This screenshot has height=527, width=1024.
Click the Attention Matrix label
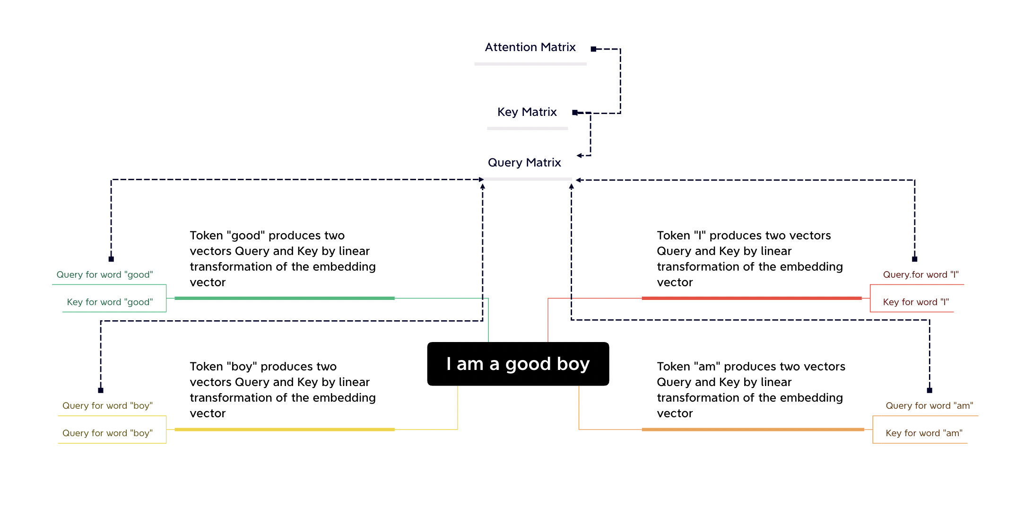click(530, 47)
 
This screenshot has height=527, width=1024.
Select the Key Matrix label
click(527, 112)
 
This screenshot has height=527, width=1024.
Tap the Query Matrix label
click(524, 163)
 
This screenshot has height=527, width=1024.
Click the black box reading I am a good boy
click(518, 364)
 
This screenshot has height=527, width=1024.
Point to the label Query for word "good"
click(104, 275)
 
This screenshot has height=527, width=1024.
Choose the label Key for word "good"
click(110, 302)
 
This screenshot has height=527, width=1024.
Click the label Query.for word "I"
click(920, 275)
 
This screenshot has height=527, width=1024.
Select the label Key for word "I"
click(916, 302)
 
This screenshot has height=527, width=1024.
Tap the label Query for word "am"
click(929, 406)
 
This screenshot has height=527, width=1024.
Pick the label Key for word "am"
click(924, 433)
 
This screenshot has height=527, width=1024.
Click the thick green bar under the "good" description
click(285, 298)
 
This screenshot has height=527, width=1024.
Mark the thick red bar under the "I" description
click(752, 298)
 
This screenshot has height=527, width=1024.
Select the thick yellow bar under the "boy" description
click(285, 430)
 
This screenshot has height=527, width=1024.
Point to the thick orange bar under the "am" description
click(753, 430)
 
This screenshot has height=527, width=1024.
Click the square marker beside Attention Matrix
click(593, 49)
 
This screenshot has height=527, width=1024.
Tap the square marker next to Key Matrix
click(575, 113)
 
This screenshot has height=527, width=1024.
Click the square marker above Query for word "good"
click(111, 259)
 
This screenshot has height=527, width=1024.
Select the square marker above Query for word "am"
click(929, 390)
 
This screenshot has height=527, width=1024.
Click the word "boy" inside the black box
click(573, 364)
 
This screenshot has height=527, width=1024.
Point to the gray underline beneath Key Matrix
click(528, 128)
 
